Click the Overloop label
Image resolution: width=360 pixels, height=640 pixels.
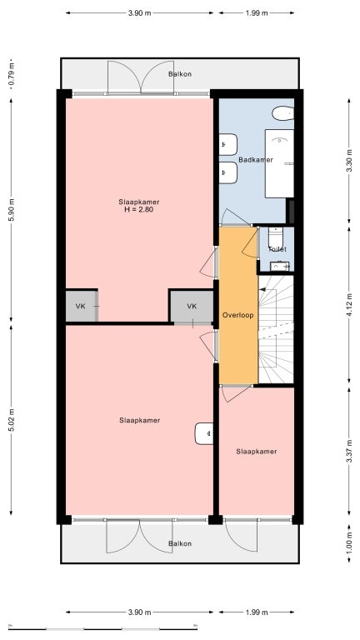[x=237, y=315]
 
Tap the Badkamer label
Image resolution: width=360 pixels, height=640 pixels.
[x=256, y=159]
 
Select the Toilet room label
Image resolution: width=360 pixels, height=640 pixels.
[x=277, y=248]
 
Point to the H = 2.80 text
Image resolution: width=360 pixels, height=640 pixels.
[x=139, y=210]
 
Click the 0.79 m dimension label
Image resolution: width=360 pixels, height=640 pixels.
[x=11, y=73]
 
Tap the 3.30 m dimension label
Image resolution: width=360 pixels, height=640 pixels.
[x=348, y=158]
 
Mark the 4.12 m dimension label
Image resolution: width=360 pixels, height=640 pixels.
[x=348, y=305]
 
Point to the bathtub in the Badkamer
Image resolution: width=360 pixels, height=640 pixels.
[x=279, y=163]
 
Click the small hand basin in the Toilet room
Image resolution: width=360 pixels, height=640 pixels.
[x=277, y=267]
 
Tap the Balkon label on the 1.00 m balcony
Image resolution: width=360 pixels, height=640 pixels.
[x=180, y=543]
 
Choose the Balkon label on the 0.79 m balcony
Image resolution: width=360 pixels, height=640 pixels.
[x=180, y=74]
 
